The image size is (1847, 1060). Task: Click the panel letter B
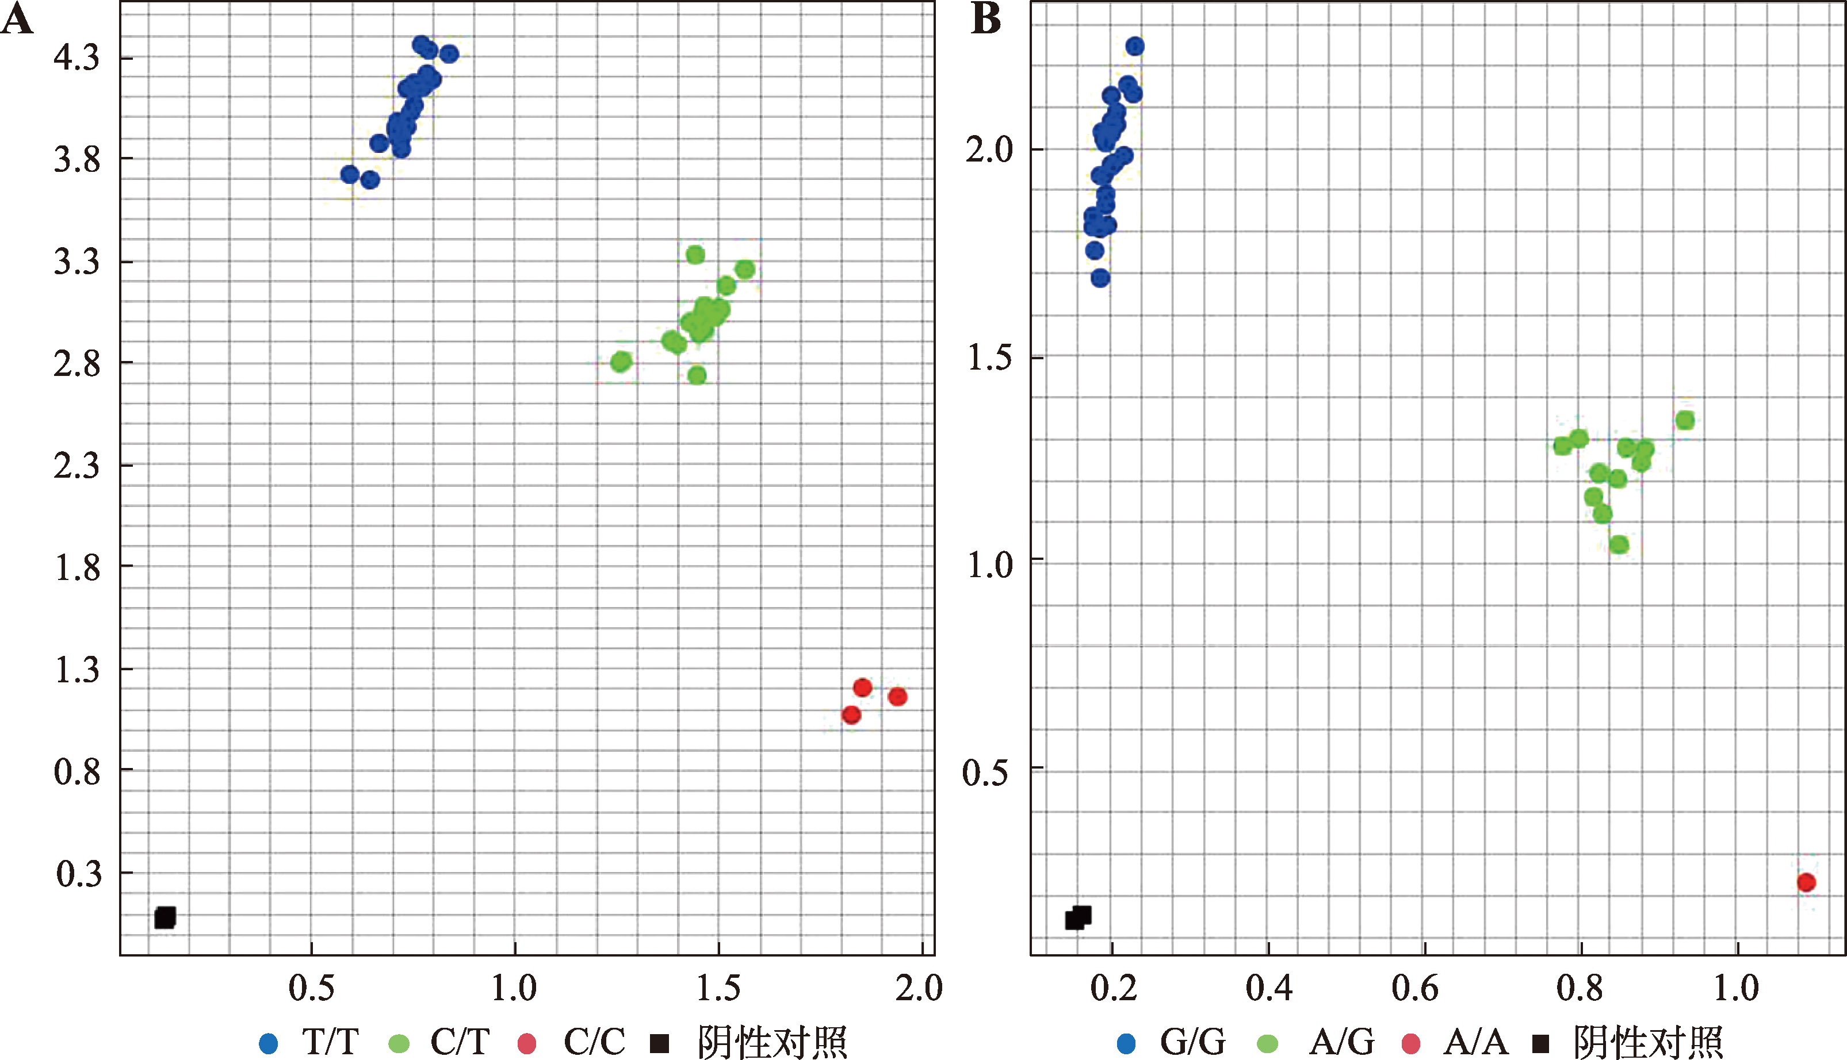coord(986,20)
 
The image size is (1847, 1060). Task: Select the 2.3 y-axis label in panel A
coord(76,465)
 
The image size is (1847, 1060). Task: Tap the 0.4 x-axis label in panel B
coord(1269,989)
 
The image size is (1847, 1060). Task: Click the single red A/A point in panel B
coord(1806,882)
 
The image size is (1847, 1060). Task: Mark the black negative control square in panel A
coord(165,917)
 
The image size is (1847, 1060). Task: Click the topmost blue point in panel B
coord(1135,47)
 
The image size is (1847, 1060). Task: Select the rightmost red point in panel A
coord(897,697)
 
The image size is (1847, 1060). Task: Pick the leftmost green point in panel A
coord(621,362)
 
